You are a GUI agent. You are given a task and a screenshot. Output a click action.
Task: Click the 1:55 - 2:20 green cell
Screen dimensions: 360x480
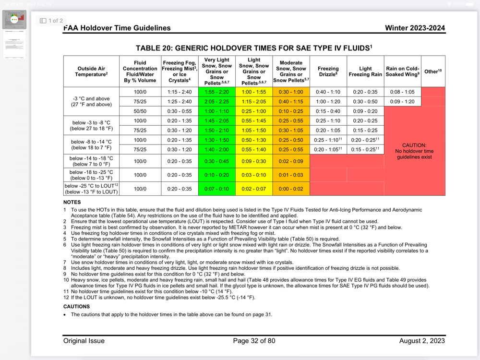216,92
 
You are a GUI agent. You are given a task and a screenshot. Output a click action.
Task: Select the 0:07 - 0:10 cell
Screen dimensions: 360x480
216,189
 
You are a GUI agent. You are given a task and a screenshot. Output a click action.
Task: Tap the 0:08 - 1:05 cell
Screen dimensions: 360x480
402,92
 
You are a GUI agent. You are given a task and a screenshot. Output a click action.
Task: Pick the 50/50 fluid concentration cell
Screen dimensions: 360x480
140,111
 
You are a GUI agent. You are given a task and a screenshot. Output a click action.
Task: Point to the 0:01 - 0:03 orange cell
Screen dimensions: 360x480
291,175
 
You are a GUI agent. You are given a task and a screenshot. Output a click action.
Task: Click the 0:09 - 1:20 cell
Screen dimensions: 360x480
402,101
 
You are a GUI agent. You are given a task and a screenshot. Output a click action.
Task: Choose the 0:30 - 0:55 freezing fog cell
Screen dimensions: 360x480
180,111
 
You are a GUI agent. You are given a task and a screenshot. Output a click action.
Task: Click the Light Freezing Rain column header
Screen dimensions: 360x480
365,72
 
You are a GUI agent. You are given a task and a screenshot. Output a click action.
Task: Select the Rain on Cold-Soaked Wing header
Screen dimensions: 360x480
402,72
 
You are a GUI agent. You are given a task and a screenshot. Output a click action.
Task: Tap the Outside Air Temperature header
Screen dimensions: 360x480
91,72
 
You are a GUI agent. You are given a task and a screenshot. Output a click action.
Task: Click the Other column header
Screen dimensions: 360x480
433,72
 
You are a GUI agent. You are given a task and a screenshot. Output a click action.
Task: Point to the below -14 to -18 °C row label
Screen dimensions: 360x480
91,161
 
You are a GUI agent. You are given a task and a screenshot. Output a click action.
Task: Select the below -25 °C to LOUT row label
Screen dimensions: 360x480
91,189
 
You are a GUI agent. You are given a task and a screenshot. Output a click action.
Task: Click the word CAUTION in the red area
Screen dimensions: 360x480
414,145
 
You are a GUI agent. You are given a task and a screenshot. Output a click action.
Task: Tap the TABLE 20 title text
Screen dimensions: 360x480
254,48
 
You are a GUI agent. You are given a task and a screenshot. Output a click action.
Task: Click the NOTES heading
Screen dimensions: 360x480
72,202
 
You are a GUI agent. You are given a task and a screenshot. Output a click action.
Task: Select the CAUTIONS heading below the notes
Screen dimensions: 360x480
76,306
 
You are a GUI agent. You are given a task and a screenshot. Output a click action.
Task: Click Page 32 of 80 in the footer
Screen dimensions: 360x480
254,341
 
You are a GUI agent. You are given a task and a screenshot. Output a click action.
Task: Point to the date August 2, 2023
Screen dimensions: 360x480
422,341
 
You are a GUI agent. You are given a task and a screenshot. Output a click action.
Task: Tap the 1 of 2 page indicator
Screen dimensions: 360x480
51,21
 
